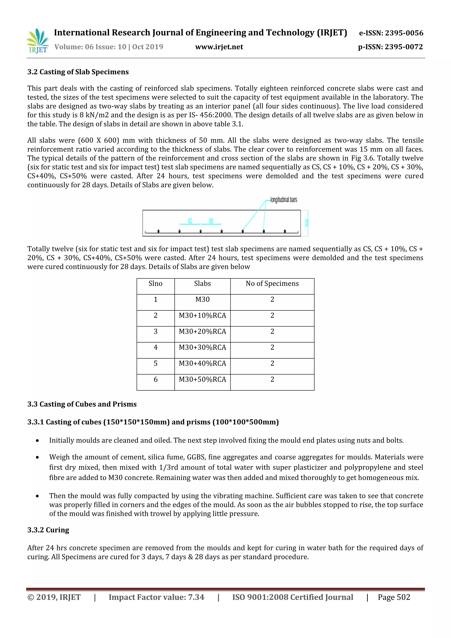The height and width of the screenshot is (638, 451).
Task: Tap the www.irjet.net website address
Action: click(219, 47)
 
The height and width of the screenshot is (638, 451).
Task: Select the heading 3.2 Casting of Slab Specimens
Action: click(78, 72)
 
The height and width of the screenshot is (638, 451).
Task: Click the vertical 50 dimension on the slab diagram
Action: click(307, 223)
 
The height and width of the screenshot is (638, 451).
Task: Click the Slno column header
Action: click(155, 284)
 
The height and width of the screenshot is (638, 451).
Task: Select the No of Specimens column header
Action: click(272, 284)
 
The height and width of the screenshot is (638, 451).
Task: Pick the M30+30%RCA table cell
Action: click(202, 348)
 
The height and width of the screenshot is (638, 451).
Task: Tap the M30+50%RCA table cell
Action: click(202, 380)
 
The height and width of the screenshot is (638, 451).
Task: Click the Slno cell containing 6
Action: click(155, 380)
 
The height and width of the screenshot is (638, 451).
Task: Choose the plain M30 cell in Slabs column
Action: click(202, 300)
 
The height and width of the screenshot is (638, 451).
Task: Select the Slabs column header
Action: click(202, 284)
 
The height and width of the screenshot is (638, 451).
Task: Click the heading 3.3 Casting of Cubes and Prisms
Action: click(82, 404)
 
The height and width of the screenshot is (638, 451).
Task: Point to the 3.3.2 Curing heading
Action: click(48, 530)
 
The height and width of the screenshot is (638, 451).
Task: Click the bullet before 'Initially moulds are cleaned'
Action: click(37, 441)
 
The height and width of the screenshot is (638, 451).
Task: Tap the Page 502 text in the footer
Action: click(394, 597)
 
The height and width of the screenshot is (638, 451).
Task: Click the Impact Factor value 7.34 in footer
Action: click(156, 597)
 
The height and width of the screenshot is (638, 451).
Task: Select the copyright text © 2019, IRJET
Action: click(54, 597)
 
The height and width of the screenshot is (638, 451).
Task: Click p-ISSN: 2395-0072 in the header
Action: click(390, 47)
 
